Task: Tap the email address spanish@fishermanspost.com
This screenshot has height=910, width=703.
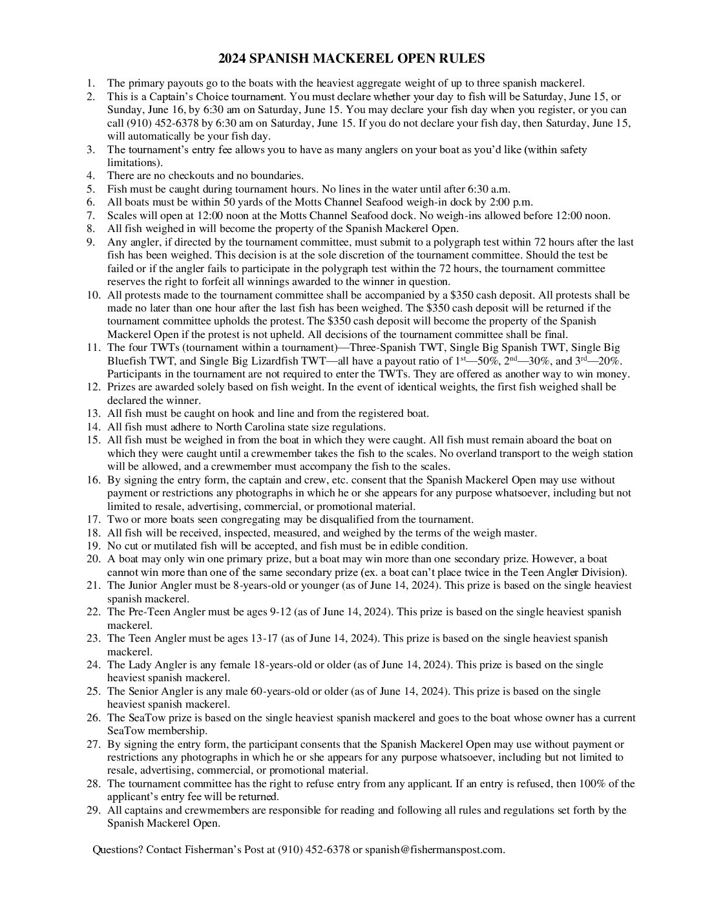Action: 434,850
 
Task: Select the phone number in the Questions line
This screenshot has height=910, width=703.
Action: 314,850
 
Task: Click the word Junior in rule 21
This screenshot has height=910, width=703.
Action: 142,586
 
